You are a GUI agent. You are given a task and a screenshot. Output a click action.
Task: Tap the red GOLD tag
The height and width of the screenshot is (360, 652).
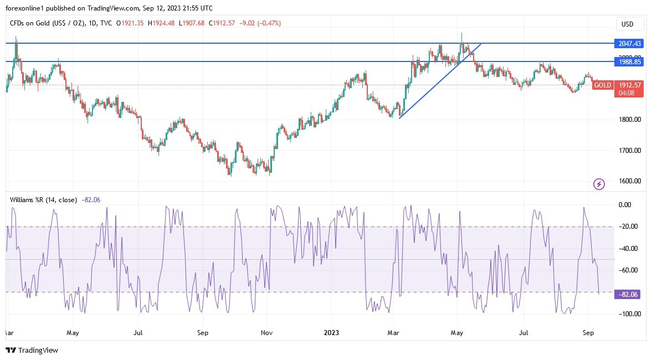(x=603, y=85)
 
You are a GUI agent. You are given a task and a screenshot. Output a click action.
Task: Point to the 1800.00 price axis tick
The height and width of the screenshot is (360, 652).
(x=629, y=120)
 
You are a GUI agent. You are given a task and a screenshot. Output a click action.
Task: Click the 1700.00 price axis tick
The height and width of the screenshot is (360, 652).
(x=629, y=150)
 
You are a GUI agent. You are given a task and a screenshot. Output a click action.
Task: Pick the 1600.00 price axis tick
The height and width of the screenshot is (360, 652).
(x=629, y=181)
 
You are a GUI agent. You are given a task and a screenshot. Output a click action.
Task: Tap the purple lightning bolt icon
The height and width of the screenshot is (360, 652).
(x=599, y=183)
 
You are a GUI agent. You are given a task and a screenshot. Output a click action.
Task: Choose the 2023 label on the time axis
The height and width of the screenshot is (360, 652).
(x=331, y=333)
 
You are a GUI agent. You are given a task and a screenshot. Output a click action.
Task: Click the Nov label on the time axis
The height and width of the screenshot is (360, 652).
(x=267, y=333)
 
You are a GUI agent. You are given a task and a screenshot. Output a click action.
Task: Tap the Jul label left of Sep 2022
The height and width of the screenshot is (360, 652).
(x=138, y=333)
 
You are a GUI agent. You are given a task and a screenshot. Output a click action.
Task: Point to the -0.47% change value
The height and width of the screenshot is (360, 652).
(x=270, y=23)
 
